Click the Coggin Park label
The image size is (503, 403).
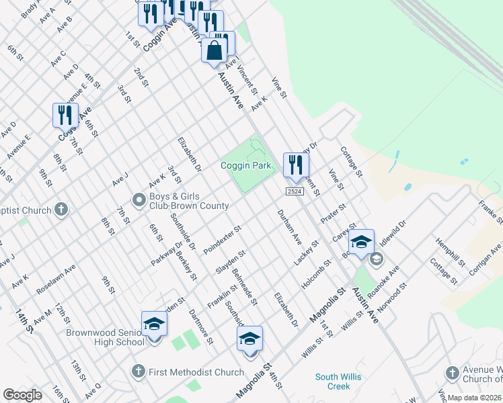(x=245, y=165)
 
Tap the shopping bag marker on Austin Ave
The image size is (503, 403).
(x=214, y=51)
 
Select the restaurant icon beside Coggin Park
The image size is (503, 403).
(x=296, y=165)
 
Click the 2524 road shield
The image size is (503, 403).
(x=294, y=191)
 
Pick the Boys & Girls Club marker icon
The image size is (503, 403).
(x=139, y=199)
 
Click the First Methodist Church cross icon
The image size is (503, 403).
(x=138, y=371)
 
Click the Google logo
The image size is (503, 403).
(x=22, y=395)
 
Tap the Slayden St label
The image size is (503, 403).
(x=231, y=262)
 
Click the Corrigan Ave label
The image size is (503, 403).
(x=486, y=257)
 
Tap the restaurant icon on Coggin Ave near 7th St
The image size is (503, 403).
(x=66, y=115)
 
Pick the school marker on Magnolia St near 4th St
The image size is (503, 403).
(x=249, y=339)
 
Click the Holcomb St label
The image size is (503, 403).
(x=317, y=275)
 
